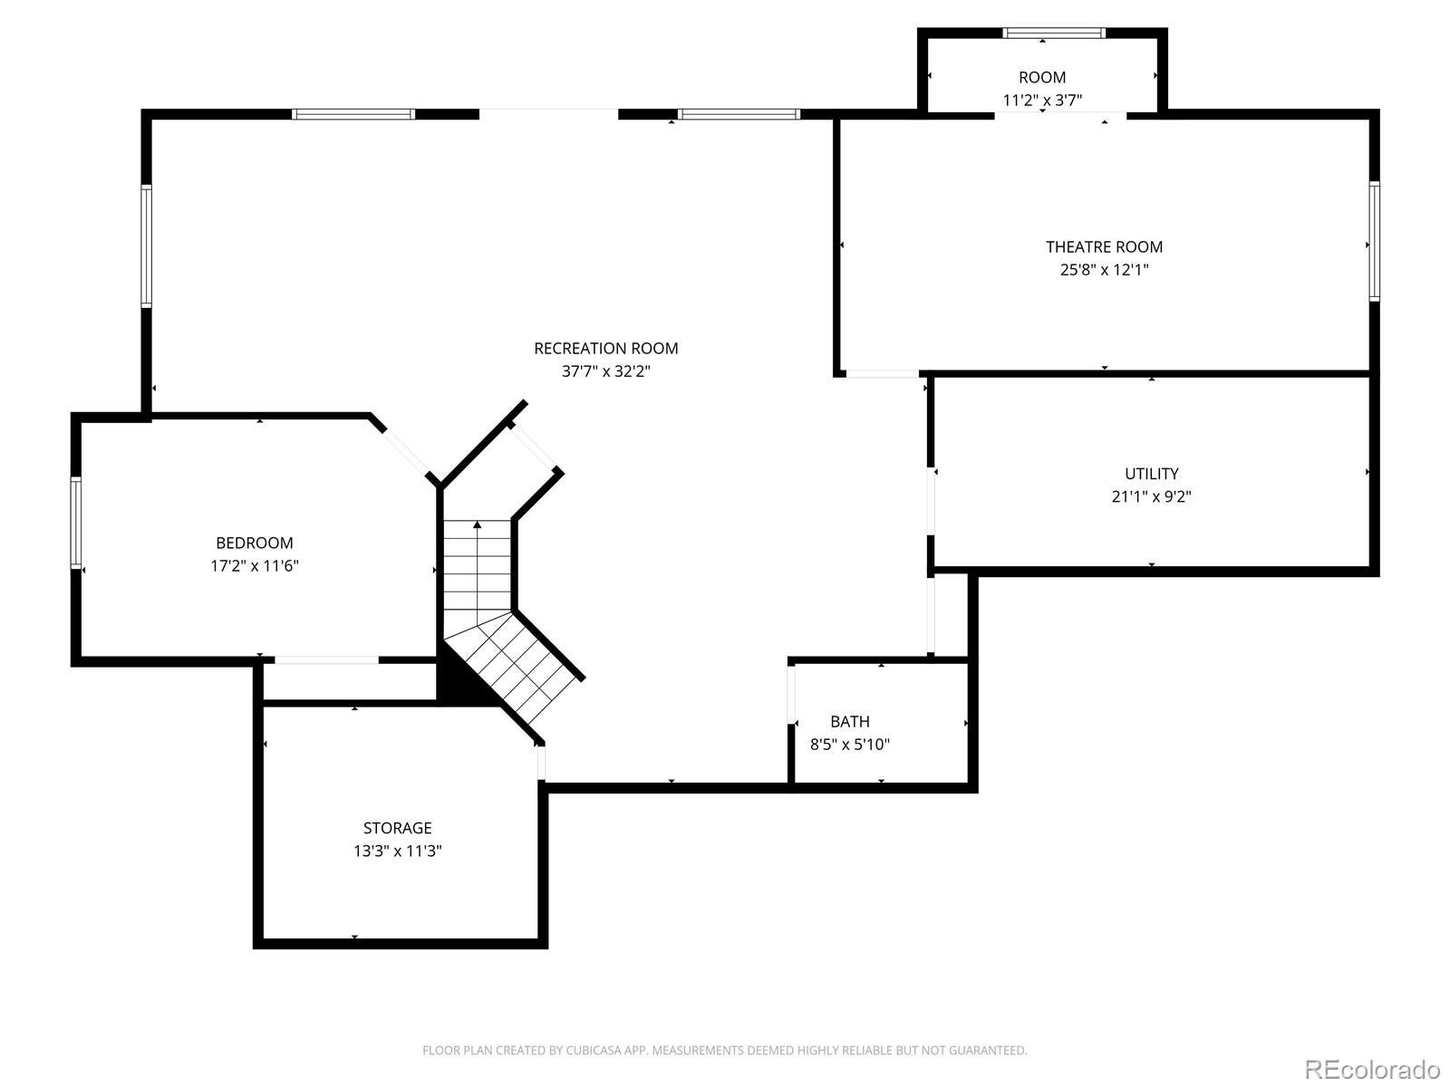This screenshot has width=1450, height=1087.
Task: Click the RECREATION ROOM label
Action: (x=605, y=349)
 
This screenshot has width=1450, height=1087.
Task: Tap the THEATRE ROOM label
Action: (x=1104, y=246)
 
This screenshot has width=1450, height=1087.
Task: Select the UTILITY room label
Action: (x=1152, y=473)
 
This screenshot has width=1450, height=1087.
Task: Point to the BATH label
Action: (x=849, y=721)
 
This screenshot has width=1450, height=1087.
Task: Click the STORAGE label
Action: (x=397, y=828)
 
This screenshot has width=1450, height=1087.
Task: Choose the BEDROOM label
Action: (x=255, y=543)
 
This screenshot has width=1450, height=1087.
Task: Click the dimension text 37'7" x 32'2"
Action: (x=605, y=370)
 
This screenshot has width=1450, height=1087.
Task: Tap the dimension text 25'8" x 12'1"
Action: (x=1104, y=269)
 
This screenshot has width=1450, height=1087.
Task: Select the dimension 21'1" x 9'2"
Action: (x=1152, y=496)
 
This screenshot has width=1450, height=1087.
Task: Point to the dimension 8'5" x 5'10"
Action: (x=849, y=745)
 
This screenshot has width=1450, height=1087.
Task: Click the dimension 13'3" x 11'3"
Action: (x=397, y=851)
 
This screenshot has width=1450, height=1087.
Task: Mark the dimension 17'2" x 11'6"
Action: (x=255, y=565)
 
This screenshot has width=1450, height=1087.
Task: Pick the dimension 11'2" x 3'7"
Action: (x=1042, y=101)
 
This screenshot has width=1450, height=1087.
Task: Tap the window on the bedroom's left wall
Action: (x=75, y=523)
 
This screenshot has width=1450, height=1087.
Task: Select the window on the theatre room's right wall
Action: (x=1375, y=242)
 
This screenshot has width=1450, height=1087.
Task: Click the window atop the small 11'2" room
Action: (x=1054, y=33)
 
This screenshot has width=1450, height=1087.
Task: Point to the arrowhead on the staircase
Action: (x=477, y=524)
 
